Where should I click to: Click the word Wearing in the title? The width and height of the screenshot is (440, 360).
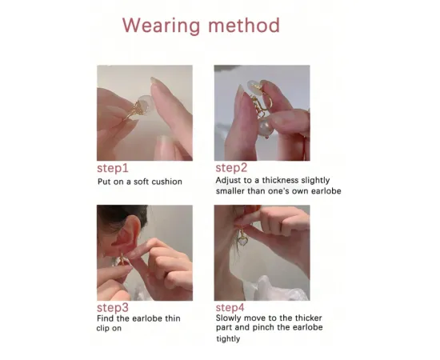tap(162, 26)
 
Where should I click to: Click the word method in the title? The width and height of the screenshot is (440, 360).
tap(244, 25)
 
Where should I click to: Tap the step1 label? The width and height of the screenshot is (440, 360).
tap(113, 168)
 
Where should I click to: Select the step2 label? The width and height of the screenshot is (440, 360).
tap(231, 168)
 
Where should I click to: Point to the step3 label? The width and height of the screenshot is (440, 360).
tap(113, 308)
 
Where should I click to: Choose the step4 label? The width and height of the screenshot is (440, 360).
tap(230, 307)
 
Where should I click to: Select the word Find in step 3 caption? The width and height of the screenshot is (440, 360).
tap(106, 318)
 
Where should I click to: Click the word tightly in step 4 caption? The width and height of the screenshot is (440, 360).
tap(228, 338)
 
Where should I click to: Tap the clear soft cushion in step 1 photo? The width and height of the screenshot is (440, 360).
tap(146, 104)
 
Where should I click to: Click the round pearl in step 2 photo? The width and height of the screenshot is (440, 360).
tap(266, 127)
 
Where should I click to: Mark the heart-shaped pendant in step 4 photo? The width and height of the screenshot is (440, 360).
tap(242, 241)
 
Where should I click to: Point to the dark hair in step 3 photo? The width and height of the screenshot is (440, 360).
tap(121, 214)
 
